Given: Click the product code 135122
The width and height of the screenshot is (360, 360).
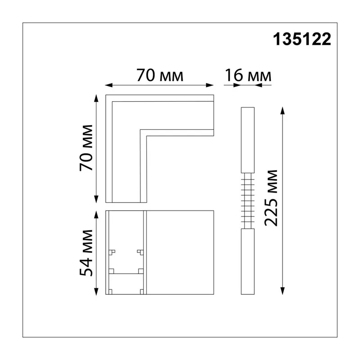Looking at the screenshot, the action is click(302, 39).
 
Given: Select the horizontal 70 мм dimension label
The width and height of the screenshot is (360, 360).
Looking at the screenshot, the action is click(160, 75).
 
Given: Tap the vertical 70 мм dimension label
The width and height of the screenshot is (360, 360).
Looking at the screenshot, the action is click(86, 148).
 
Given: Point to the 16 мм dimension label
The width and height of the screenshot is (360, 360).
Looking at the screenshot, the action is click(248, 75).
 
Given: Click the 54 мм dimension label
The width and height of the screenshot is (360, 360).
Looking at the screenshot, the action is click(86, 253).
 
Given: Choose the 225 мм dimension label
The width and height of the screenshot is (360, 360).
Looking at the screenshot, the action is click(271, 198).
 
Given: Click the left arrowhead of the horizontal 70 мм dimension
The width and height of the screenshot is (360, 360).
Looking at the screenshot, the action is click(109, 85).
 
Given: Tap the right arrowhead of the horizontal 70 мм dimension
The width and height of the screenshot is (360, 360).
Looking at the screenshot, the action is click(210, 85).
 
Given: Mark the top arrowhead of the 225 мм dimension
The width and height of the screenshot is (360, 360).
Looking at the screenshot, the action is click(283, 111).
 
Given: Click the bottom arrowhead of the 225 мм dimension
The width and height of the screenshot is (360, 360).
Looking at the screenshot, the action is click(283, 291).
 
